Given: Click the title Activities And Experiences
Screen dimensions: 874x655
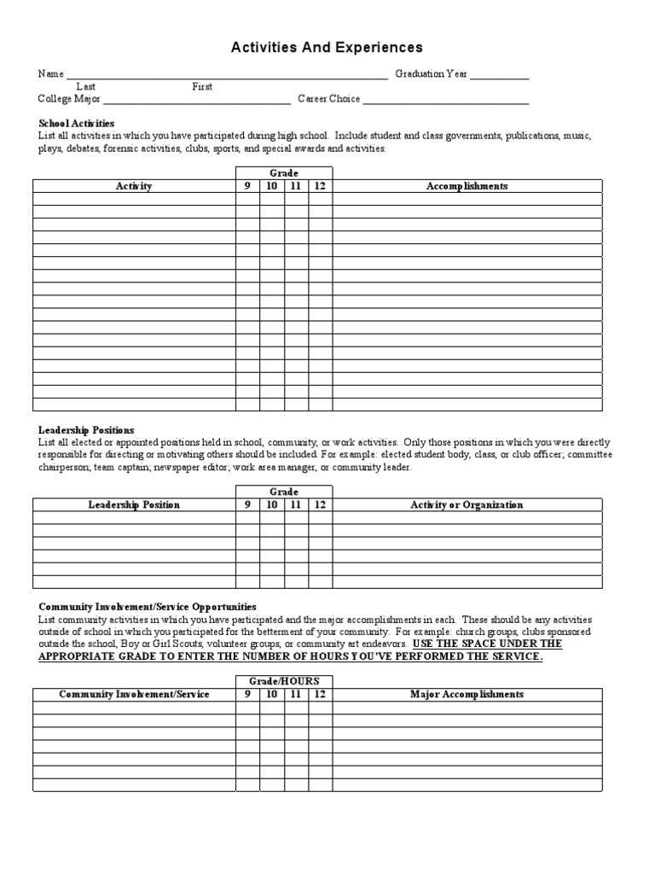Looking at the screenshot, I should click(x=327, y=48).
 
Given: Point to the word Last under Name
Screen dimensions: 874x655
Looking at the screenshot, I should click(x=86, y=87).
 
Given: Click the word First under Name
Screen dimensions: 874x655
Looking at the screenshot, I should click(x=202, y=87).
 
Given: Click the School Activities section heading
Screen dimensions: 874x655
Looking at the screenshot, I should click(x=76, y=124).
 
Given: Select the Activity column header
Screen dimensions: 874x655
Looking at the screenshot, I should click(x=134, y=186).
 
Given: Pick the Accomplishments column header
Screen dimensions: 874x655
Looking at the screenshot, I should click(x=467, y=186).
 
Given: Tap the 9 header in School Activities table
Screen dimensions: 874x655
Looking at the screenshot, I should click(x=247, y=186).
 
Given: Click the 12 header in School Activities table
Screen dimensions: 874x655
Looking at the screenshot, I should click(x=320, y=186).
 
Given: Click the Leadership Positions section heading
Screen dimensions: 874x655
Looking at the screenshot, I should click(x=86, y=430).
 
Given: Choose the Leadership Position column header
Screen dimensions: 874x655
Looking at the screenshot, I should click(x=134, y=504).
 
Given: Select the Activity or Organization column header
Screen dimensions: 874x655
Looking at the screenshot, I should click(x=467, y=504).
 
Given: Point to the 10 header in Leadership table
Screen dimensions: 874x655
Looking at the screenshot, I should click(x=271, y=504).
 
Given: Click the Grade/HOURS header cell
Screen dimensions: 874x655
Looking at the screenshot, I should click(x=284, y=681).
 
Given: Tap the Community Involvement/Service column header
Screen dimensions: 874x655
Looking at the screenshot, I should click(x=134, y=694).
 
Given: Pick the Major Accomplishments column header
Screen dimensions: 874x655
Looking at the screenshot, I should click(x=467, y=694).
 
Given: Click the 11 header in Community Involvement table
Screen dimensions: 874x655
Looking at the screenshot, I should click(x=296, y=694).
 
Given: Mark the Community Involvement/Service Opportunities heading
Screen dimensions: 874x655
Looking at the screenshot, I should click(x=147, y=607).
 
